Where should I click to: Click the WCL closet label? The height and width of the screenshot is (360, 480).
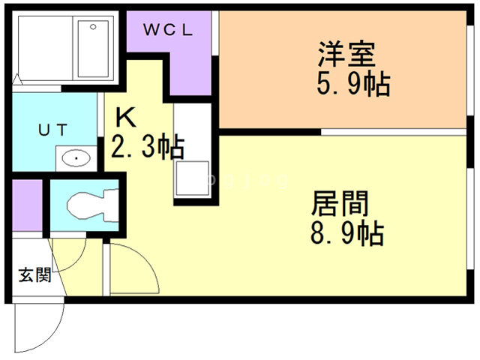click(168, 30)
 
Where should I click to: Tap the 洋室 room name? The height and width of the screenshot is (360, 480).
click(346, 54)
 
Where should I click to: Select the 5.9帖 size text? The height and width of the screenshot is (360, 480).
click(353, 83)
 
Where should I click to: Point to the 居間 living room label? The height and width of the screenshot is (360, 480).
click(340, 203)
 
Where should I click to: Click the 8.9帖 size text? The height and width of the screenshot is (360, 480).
click(347, 233)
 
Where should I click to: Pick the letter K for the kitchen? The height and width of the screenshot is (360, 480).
click(125, 118)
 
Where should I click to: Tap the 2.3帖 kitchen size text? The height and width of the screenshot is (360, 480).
click(148, 146)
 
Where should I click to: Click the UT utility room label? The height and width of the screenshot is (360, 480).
click(52, 130)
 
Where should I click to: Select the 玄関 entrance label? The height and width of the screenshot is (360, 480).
click(35, 274)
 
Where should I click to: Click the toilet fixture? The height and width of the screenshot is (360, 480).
click(92, 205)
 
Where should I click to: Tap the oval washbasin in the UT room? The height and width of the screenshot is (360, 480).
click(76, 158)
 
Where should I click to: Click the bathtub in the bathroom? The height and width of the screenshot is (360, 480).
click(93, 49)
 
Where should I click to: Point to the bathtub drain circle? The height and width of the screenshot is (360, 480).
click(93, 27)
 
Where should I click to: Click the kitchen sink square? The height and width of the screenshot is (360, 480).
click(192, 178)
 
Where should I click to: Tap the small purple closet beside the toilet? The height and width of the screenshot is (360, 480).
click(27, 205)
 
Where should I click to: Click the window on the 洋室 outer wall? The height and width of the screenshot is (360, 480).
click(470, 70)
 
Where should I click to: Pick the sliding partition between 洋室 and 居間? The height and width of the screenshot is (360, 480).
click(394, 132)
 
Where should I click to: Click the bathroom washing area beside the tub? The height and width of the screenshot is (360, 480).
click(45, 48)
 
